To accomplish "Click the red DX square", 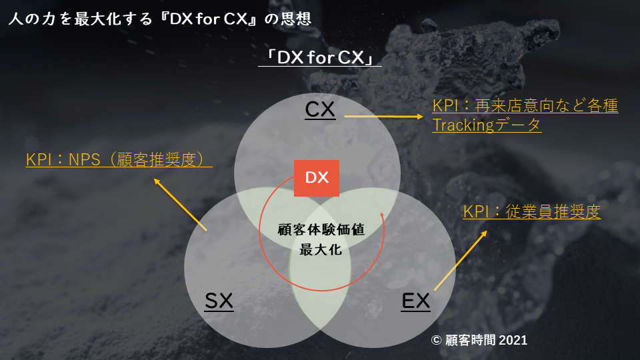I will (x=317, y=178).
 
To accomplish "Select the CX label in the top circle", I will (x=320, y=109).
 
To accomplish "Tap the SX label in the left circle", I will (x=219, y=301).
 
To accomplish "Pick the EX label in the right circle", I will (x=416, y=301).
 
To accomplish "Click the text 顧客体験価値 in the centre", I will (x=321, y=230).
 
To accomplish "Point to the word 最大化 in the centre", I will (x=321, y=250).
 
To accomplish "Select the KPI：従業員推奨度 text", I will (x=532, y=212).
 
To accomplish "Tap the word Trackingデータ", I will (x=487, y=125).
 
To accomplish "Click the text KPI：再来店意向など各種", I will (x=525, y=106).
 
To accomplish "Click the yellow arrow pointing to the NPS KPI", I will (x=180, y=204).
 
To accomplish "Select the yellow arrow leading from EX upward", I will (x=461, y=260).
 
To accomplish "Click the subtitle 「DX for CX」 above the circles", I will (x=319, y=58).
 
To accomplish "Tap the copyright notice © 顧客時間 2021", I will (x=479, y=340).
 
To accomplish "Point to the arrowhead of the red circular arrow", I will (x=382, y=216).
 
